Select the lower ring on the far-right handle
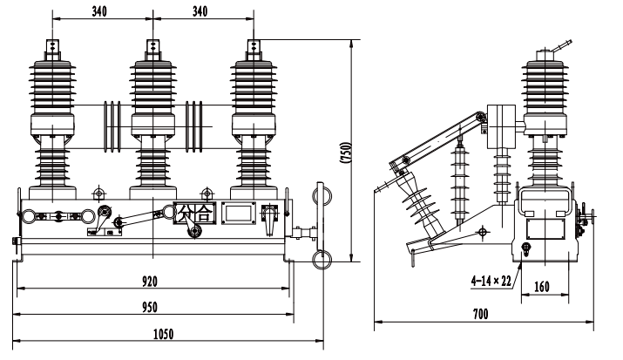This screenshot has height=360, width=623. coord(320,258)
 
